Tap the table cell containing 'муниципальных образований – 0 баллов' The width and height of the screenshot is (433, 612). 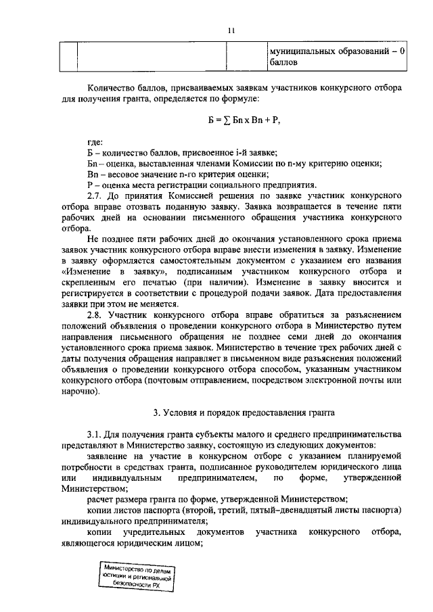coord(336,55)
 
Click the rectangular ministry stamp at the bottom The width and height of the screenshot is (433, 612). coord(135,578)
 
